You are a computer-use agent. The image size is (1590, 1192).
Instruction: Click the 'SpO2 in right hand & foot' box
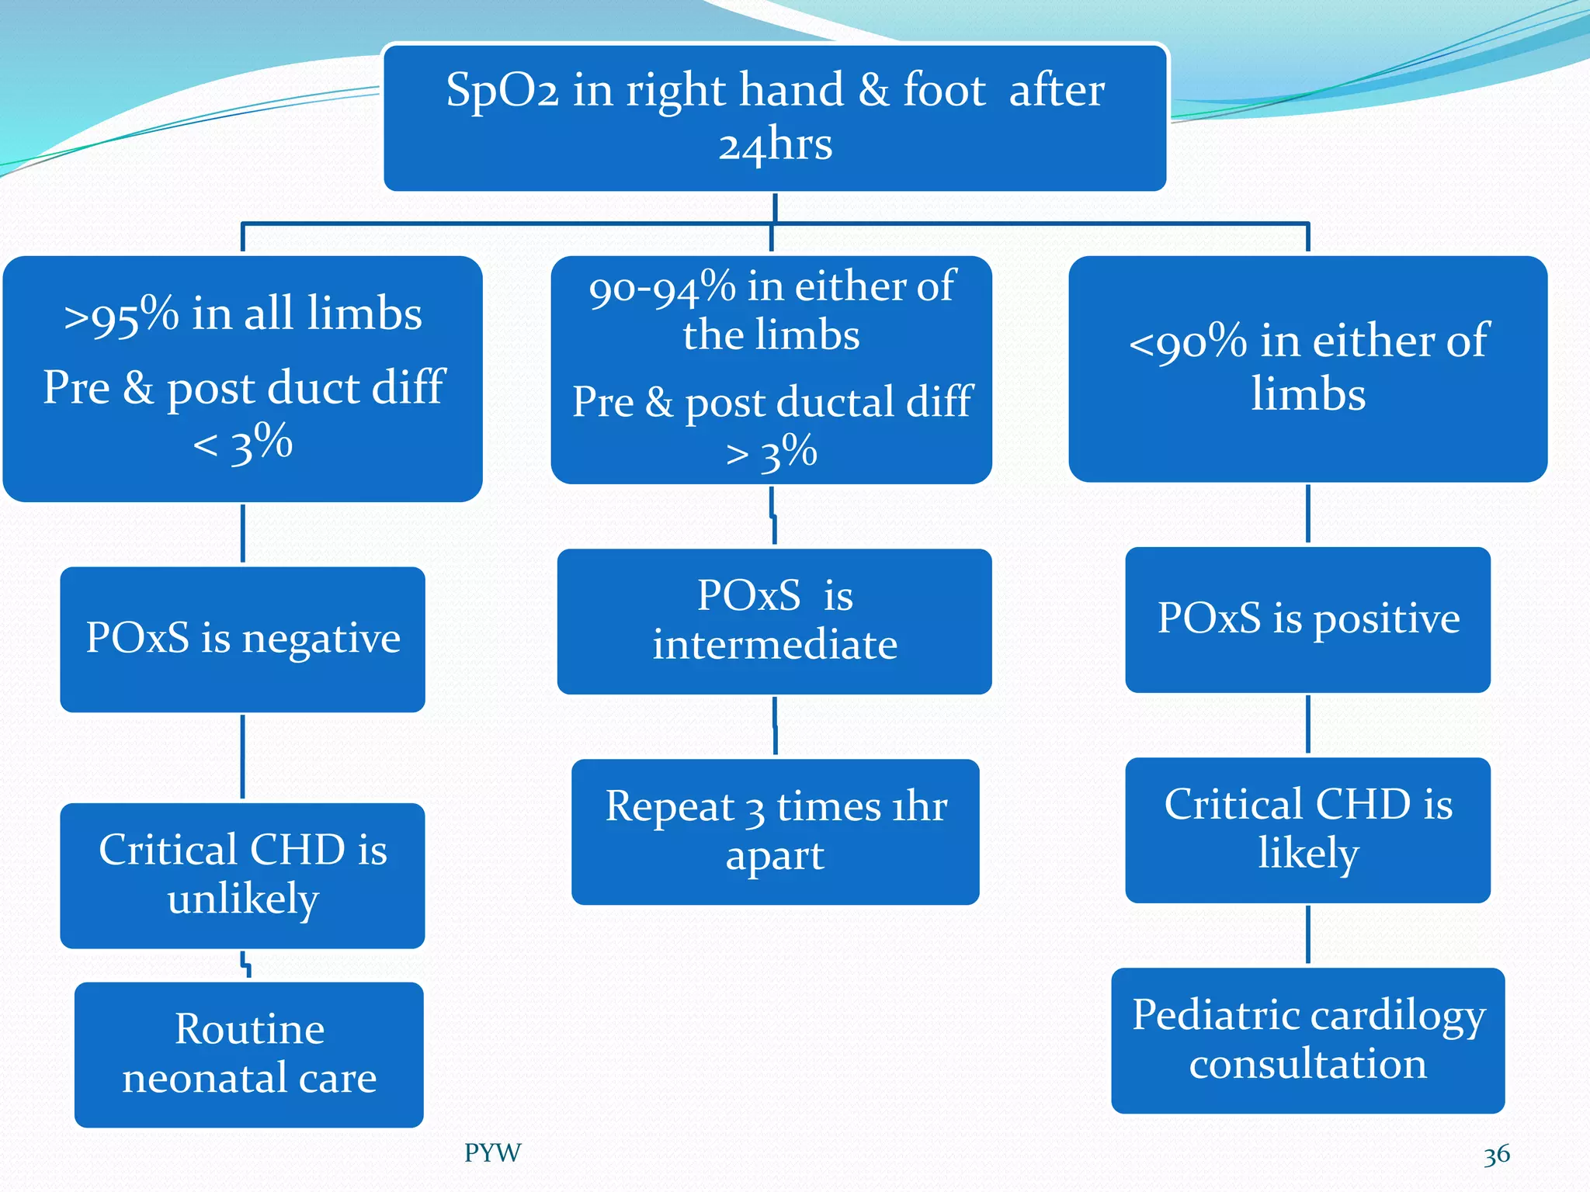point(775,116)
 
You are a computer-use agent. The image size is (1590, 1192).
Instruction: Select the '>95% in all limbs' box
point(242,379)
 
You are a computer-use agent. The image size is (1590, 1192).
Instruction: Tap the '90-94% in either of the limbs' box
point(771,369)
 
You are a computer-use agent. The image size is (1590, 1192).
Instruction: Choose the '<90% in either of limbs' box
point(1307,369)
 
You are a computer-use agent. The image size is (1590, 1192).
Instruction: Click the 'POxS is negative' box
point(242,639)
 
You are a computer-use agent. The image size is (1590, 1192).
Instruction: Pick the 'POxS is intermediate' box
point(774,621)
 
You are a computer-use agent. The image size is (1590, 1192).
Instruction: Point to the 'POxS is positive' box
point(1307,619)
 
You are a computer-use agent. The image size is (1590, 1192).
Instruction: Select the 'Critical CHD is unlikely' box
point(242,875)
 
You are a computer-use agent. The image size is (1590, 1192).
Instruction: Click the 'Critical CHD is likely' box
point(1307,830)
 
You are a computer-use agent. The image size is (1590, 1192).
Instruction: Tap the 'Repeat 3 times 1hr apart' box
point(775,831)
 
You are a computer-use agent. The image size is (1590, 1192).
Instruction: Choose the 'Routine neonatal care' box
point(248,1054)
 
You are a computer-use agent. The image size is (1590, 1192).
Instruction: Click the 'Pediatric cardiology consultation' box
point(1307,1040)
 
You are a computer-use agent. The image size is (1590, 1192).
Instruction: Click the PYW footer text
point(492,1152)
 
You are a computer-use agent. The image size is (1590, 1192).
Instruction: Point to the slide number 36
point(1496,1155)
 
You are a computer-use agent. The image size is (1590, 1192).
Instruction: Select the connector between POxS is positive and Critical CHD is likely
point(1308,724)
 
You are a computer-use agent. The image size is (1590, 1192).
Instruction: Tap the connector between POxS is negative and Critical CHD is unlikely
point(243,757)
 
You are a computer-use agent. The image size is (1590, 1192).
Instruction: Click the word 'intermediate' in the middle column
point(775,645)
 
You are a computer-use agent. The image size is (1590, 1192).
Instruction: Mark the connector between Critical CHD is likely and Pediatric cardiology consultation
point(1308,934)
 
